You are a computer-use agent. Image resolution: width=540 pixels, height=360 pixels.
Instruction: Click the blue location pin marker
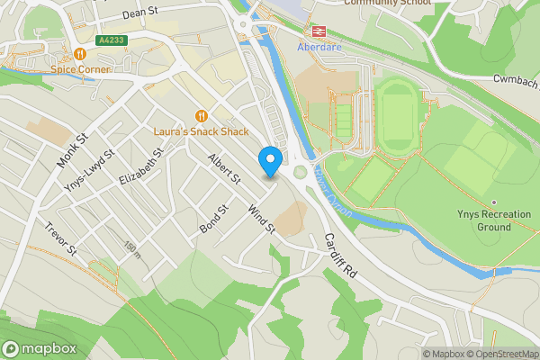click(269, 161)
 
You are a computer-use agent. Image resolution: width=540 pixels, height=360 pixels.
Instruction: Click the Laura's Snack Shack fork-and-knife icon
click(202, 115)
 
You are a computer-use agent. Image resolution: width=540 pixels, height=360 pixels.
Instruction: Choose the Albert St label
click(224, 169)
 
